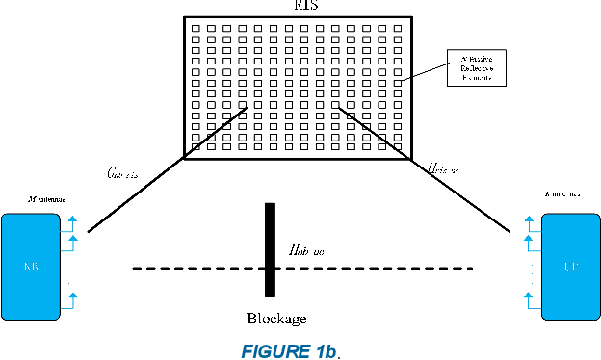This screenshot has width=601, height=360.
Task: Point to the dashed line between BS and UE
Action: coord(193,267)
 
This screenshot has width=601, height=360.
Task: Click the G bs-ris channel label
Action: coord(125,174)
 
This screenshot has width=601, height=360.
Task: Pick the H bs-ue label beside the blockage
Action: coord(306,249)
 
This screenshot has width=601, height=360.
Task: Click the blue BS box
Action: coord(29,267)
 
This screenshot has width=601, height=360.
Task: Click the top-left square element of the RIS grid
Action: coord(194,29)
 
